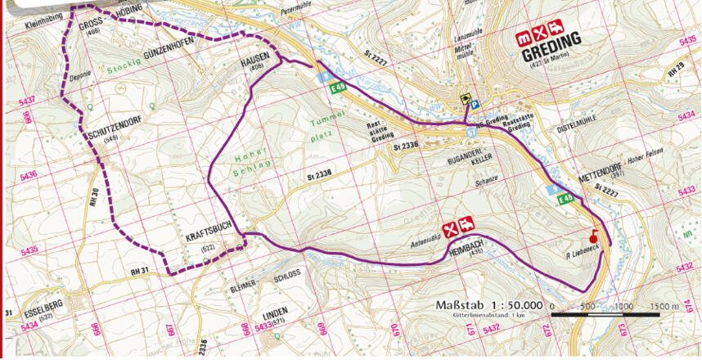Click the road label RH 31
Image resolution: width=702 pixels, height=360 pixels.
coord(140,270)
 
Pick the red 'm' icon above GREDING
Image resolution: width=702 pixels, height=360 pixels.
coord(523,37)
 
